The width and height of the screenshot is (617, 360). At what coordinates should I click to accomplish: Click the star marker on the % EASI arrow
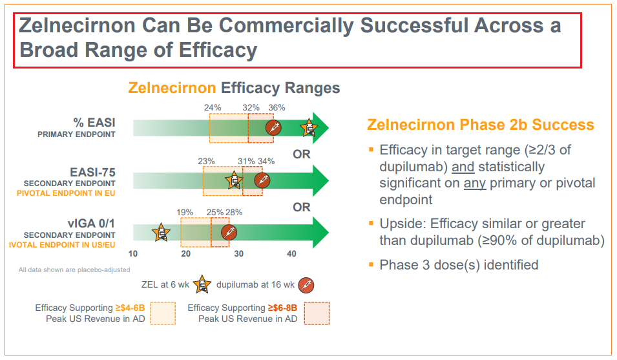click(x=309, y=128)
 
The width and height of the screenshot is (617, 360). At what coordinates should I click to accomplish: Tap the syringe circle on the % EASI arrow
click(x=274, y=127)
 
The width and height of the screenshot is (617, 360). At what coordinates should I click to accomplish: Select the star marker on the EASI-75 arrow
click(x=233, y=180)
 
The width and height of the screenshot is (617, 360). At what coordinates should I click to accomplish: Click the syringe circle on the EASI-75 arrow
click(x=262, y=180)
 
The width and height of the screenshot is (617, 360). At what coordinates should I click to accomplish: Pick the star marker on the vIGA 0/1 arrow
click(x=161, y=233)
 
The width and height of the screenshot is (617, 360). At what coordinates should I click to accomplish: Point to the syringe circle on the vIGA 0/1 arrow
click(x=229, y=233)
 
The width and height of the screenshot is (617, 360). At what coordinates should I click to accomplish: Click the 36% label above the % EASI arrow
click(x=277, y=108)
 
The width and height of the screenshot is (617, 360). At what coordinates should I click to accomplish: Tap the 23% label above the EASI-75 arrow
click(x=206, y=161)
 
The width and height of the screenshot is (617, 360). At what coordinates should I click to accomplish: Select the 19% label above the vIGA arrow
click(x=185, y=213)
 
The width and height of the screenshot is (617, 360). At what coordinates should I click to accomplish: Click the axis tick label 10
click(x=133, y=253)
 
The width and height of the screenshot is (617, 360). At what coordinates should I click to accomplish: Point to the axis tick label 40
click(x=291, y=253)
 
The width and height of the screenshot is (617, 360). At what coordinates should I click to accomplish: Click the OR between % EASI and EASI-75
click(x=302, y=154)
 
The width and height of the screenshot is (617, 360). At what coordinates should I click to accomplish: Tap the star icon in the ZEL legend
click(x=202, y=283)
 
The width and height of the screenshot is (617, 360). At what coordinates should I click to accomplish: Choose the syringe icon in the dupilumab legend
click(x=306, y=283)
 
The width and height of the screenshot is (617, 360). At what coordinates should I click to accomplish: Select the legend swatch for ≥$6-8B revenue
click(x=317, y=313)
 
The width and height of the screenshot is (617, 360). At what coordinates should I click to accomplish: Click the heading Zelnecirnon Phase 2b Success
click(x=480, y=125)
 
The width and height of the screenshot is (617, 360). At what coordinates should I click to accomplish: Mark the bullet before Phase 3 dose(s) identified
click(x=371, y=264)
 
